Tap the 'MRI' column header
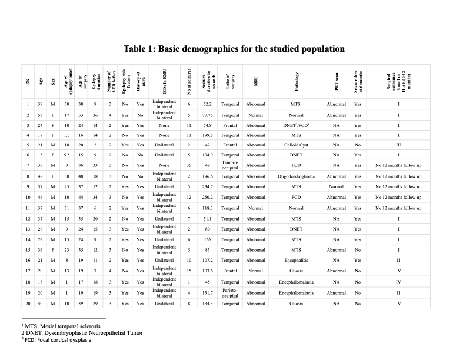(x=256, y=81)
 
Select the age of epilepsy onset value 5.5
(x=68, y=154)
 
